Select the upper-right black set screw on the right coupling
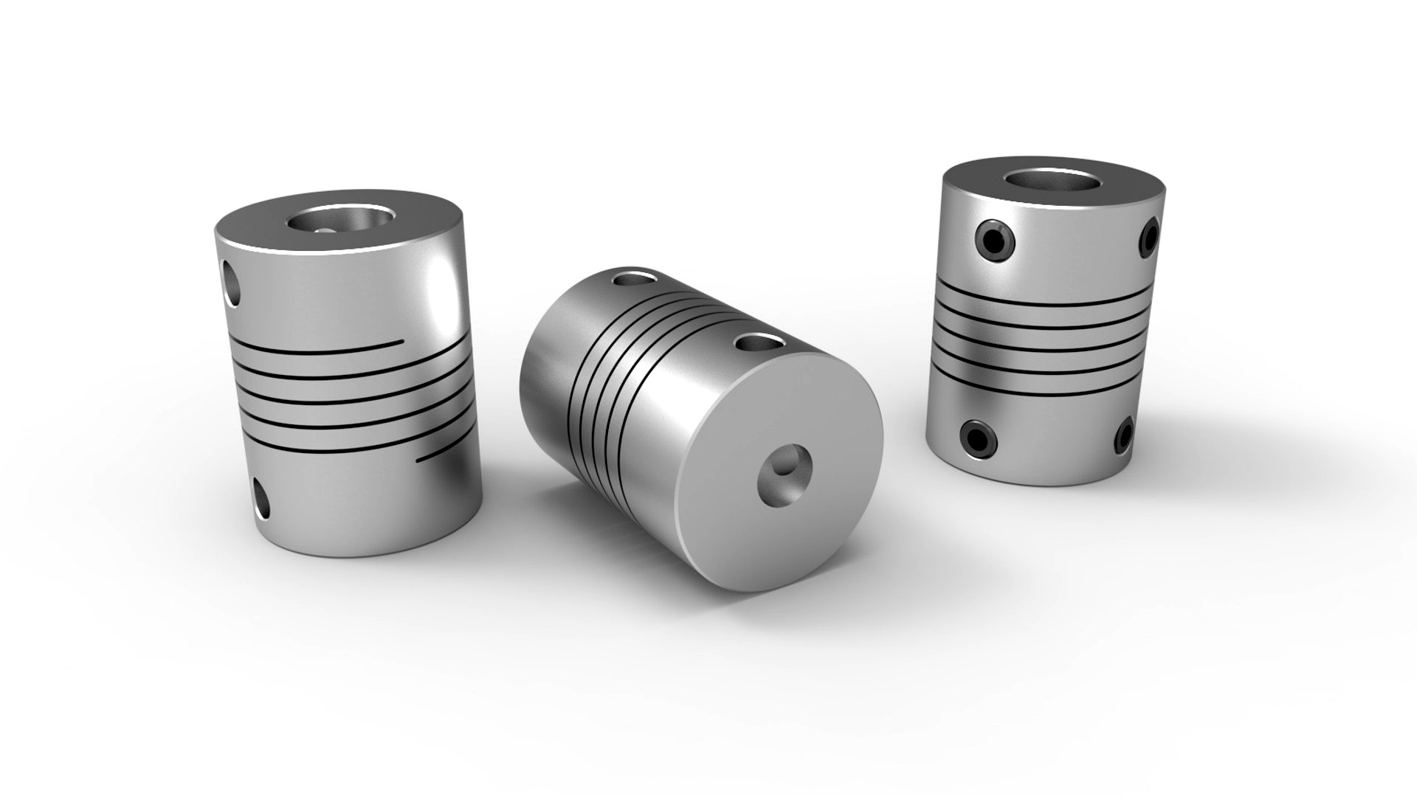tap(1148, 238)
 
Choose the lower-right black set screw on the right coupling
tap(1123, 434)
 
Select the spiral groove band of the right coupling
tap(1041, 336)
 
